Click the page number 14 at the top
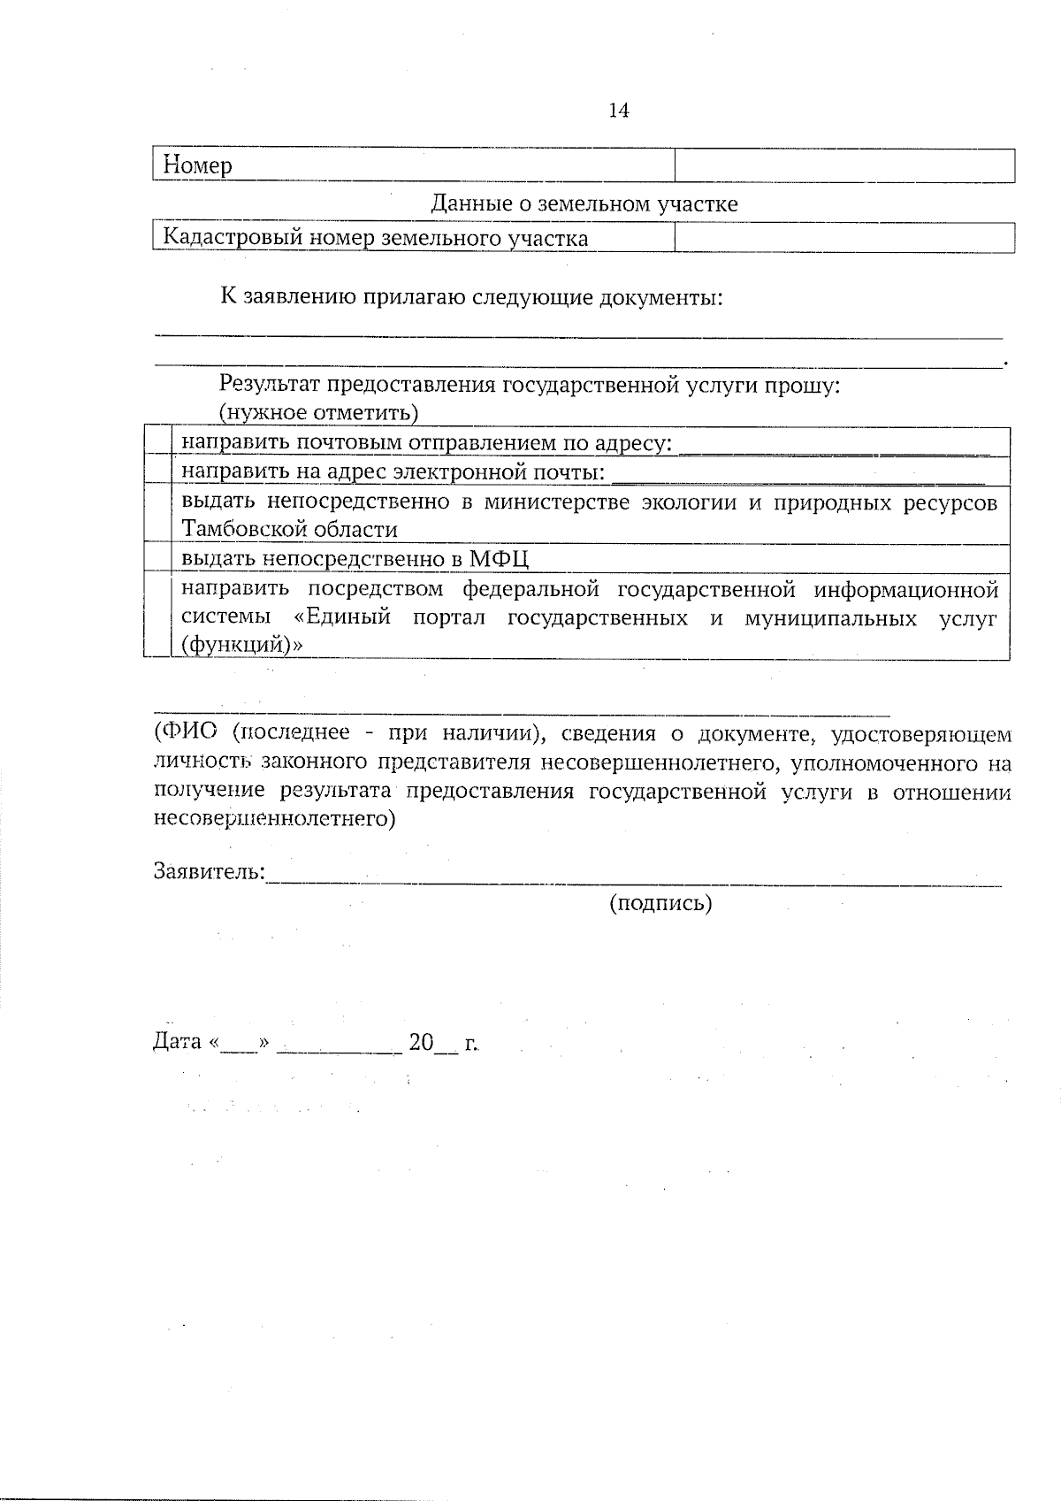(619, 111)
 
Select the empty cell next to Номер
(844, 165)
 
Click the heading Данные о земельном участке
(584, 204)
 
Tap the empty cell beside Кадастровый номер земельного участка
(844, 237)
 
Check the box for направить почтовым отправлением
(157, 441)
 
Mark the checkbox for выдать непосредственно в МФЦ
(157, 558)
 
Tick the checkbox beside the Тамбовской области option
(157, 515)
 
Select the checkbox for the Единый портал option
(157, 616)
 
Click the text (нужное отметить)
(318, 412)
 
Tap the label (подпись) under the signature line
(660, 903)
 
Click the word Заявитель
(209, 871)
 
